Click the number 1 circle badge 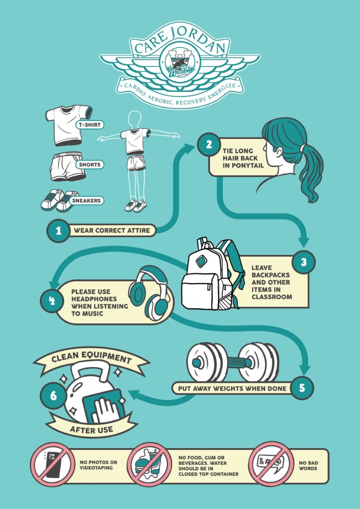tap(59, 231)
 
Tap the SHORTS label tap(89, 165)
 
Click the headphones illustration tap(151, 293)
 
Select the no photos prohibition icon tap(53, 465)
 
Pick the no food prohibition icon tap(149, 465)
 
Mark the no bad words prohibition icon tap(270, 465)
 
